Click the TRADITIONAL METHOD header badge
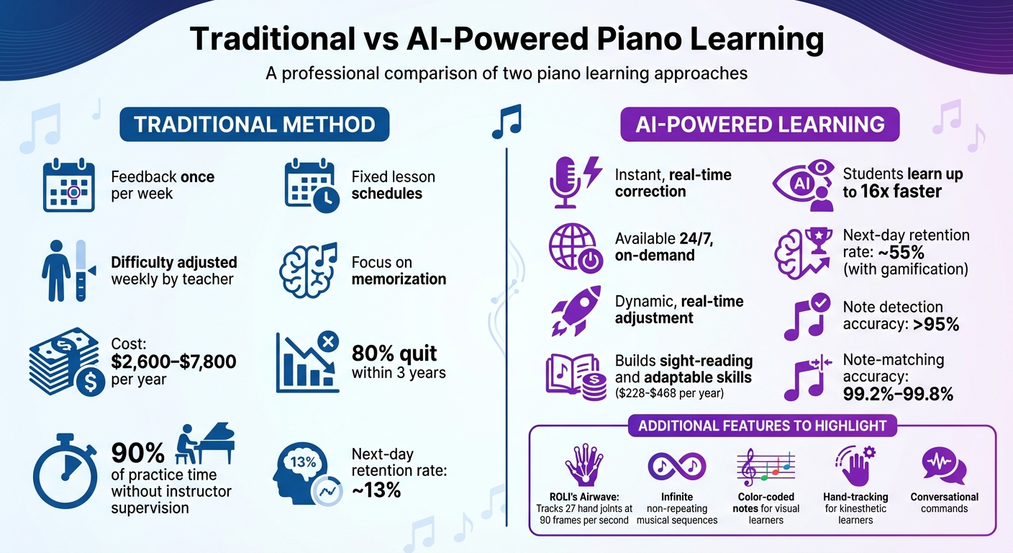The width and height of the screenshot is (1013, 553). (x=254, y=124)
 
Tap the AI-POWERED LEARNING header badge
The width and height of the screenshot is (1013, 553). (x=760, y=125)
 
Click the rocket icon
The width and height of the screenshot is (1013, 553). (x=576, y=310)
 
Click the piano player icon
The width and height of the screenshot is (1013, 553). (x=204, y=443)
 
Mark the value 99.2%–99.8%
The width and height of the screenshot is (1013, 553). (x=897, y=393)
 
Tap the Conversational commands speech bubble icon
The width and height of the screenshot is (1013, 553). (x=944, y=465)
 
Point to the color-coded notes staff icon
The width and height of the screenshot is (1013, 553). (x=765, y=468)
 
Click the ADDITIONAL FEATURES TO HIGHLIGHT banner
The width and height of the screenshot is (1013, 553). (x=763, y=426)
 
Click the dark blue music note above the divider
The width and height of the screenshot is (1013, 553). (x=506, y=121)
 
